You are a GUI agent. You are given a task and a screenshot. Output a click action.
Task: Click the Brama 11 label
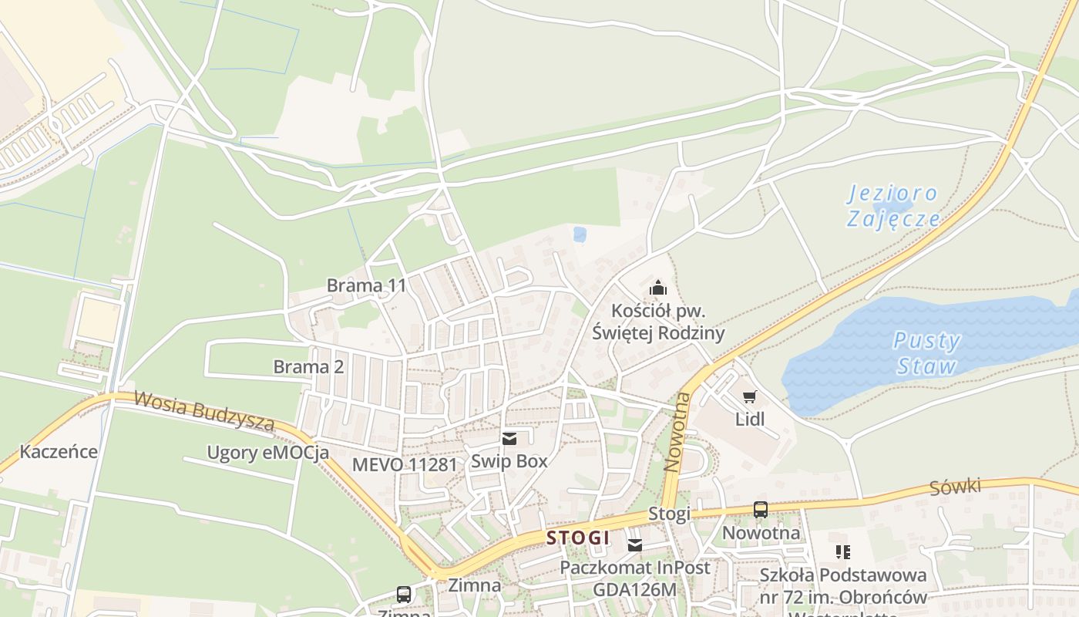point(366,285)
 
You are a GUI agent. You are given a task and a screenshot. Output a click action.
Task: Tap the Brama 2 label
point(308,367)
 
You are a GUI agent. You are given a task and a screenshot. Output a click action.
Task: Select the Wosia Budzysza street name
point(204,411)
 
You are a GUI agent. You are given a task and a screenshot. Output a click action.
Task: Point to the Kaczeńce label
point(59,452)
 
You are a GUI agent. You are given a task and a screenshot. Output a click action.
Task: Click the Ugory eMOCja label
point(267,453)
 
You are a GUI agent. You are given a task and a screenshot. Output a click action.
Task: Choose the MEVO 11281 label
point(404,464)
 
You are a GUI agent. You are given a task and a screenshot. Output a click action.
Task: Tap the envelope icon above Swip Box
point(509,439)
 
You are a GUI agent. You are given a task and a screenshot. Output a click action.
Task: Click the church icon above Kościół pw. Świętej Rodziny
point(658,288)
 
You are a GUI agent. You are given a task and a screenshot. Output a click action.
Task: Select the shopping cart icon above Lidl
point(749,397)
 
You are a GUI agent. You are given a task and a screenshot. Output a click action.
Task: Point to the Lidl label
point(750,420)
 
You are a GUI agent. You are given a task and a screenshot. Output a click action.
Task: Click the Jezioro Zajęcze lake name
point(893,206)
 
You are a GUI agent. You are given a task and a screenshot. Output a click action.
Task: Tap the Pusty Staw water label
point(926,352)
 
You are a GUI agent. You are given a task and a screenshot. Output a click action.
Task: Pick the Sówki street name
point(955,487)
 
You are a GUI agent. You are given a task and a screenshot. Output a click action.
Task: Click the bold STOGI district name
point(578,538)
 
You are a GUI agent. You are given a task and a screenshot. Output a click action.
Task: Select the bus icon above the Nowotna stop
point(761,510)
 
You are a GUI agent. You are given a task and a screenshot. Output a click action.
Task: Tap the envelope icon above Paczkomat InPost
point(634,545)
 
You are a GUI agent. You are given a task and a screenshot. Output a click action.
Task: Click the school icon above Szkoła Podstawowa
point(842,551)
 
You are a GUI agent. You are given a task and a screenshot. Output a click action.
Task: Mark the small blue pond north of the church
point(580,234)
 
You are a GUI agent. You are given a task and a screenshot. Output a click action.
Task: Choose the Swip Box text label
point(509,461)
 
